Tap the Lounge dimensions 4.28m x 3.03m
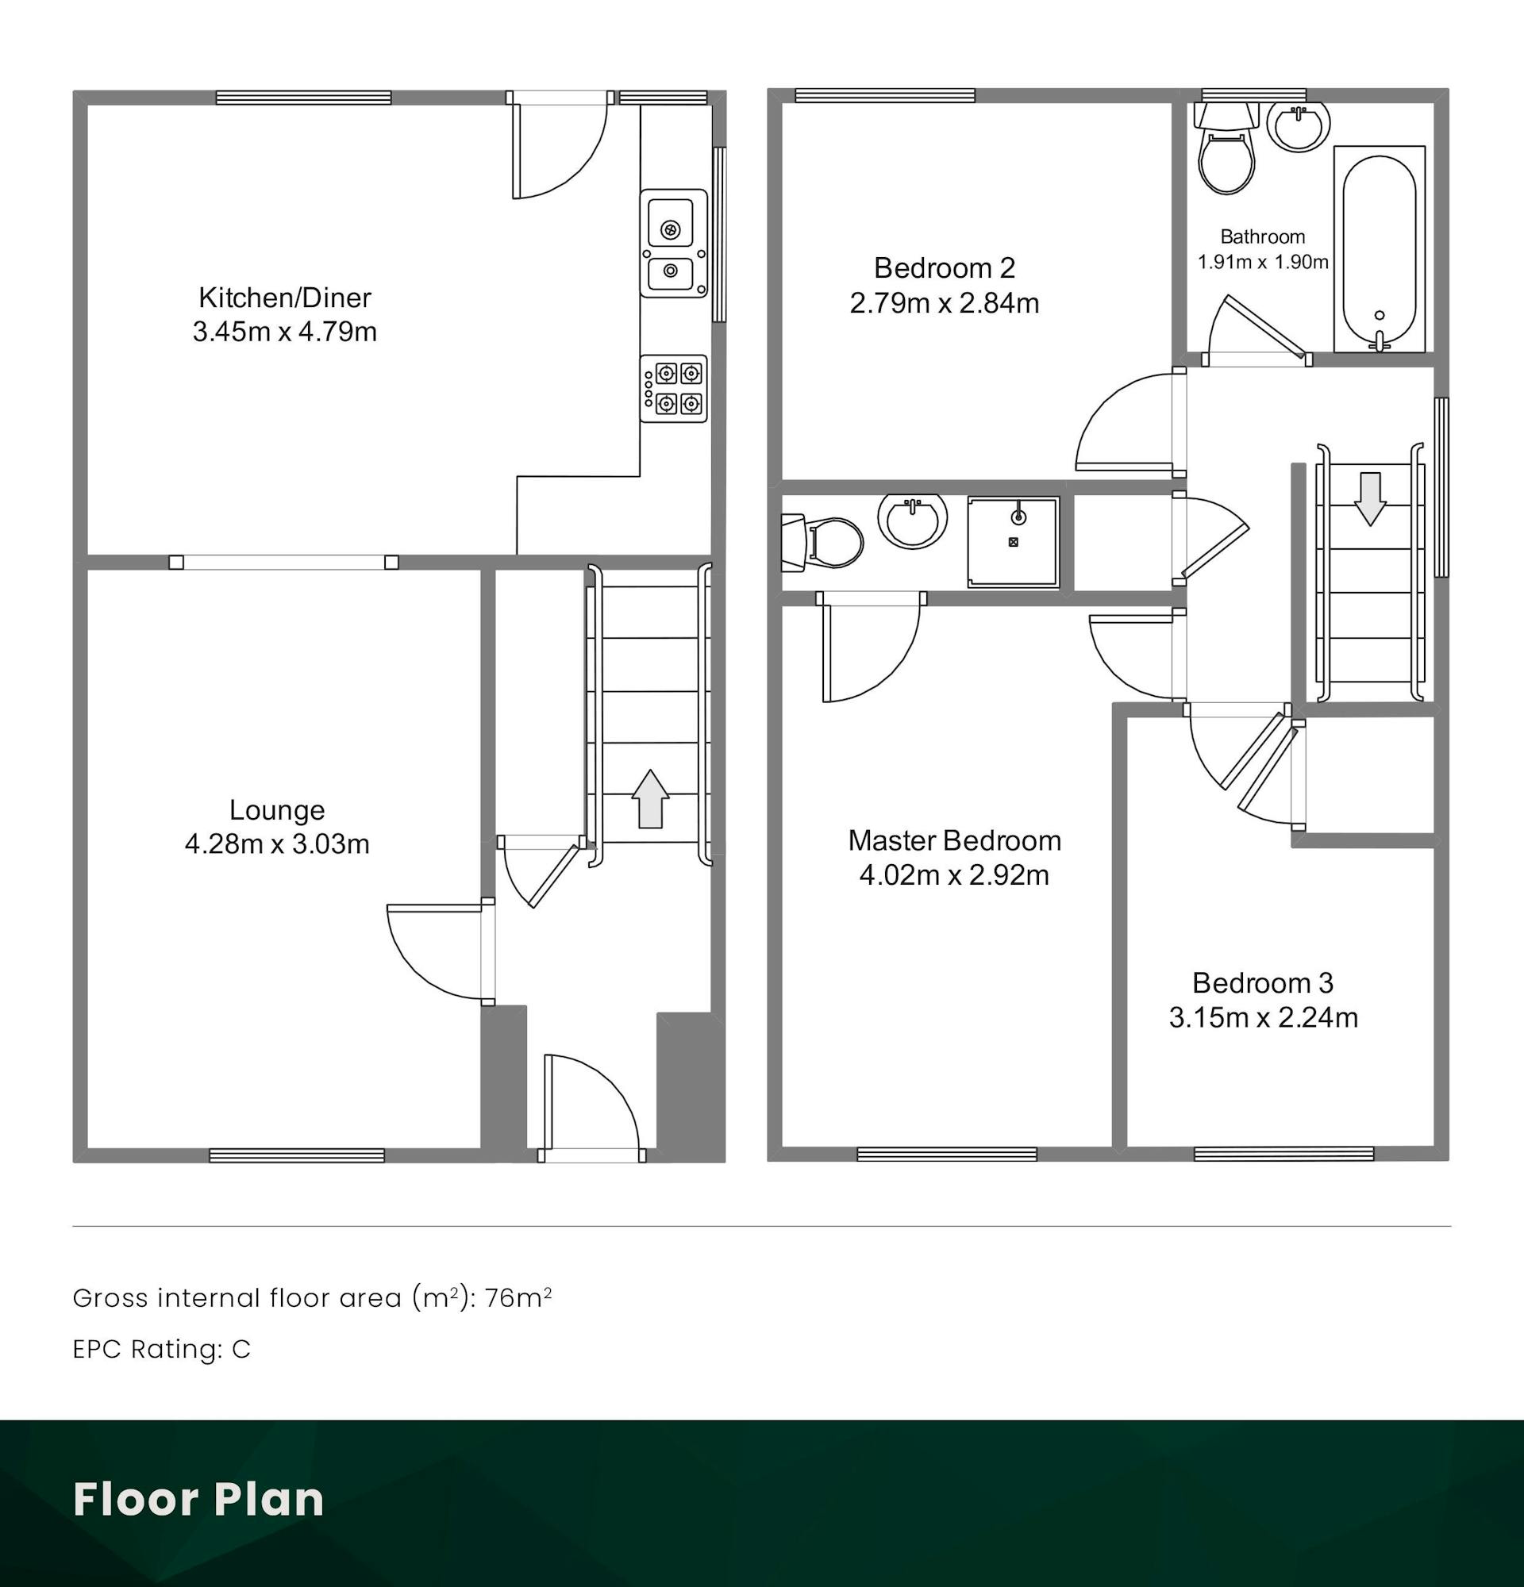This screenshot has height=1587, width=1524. (x=277, y=843)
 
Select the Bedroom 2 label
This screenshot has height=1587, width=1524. (x=945, y=267)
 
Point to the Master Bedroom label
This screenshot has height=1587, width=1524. (x=955, y=840)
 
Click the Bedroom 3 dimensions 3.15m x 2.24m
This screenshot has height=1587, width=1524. (x=1263, y=1017)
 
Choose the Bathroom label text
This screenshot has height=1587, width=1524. (x=1262, y=236)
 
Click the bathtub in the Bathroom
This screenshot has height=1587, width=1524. (x=1379, y=248)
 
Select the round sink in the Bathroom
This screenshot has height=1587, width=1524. (x=1298, y=126)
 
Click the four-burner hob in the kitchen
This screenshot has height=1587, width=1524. (x=674, y=389)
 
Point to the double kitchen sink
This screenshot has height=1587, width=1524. (x=674, y=243)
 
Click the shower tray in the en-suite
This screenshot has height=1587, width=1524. (x=1013, y=542)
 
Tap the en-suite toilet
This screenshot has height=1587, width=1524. (x=822, y=542)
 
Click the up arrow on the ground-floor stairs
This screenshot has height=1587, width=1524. (x=649, y=798)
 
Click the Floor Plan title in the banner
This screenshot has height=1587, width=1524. (x=198, y=1499)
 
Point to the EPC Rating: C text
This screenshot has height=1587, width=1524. (x=162, y=1349)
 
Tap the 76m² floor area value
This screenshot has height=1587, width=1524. (x=518, y=1298)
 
